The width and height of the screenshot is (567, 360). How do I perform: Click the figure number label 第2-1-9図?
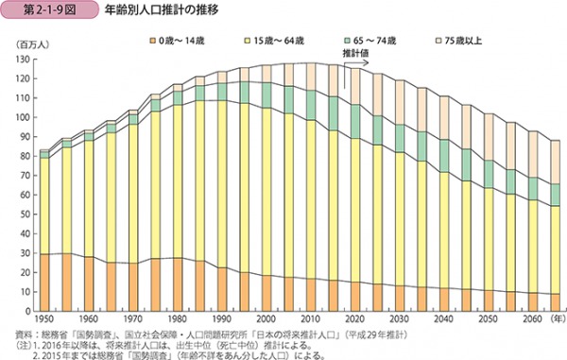coord(42,11)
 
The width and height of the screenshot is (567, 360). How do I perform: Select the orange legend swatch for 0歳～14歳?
coord(149,42)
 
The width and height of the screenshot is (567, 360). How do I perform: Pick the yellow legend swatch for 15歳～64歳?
coord(246,42)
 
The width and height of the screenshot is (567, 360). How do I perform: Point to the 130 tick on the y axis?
coord(23,60)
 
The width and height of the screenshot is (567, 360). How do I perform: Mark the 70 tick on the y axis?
coord(25,175)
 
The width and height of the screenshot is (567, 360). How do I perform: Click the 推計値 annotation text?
coord(356,80)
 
